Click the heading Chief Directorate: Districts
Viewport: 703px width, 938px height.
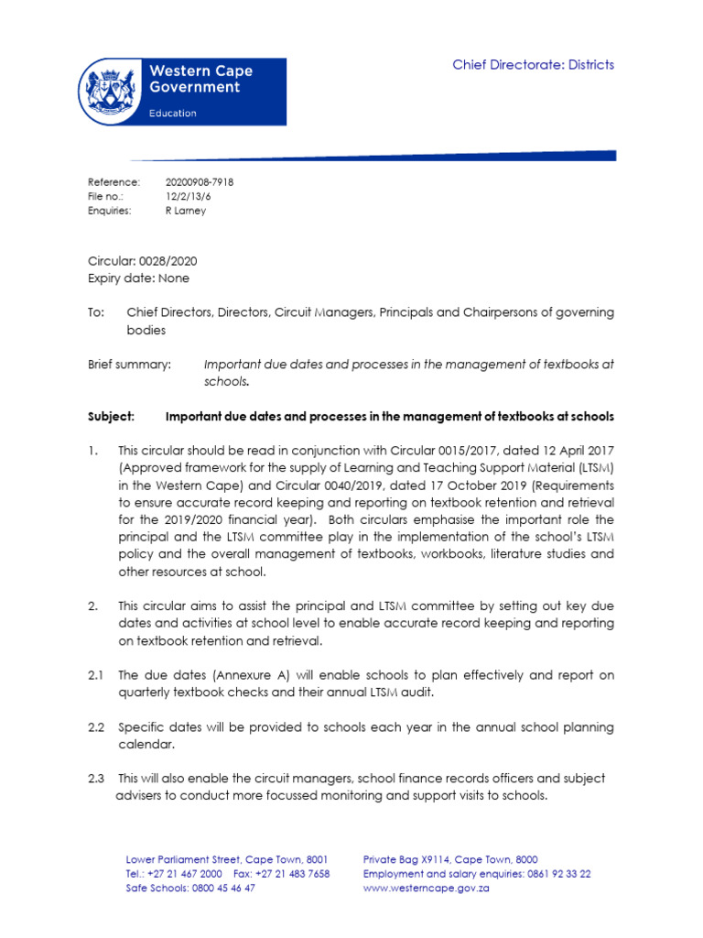(x=534, y=64)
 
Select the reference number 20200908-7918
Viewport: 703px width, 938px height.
(x=199, y=182)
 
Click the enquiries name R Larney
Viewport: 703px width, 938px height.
(x=185, y=211)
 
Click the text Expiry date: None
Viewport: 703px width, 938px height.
(x=138, y=278)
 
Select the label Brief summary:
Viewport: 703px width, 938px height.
(x=129, y=365)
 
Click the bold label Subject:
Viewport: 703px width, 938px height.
(x=111, y=417)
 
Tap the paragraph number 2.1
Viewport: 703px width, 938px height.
(x=96, y=676)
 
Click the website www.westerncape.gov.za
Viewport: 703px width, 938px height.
(x=427, y=889)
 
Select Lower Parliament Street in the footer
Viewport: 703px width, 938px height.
(x=182, y=859)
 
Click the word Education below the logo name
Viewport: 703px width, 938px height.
(x=173, y=113)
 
